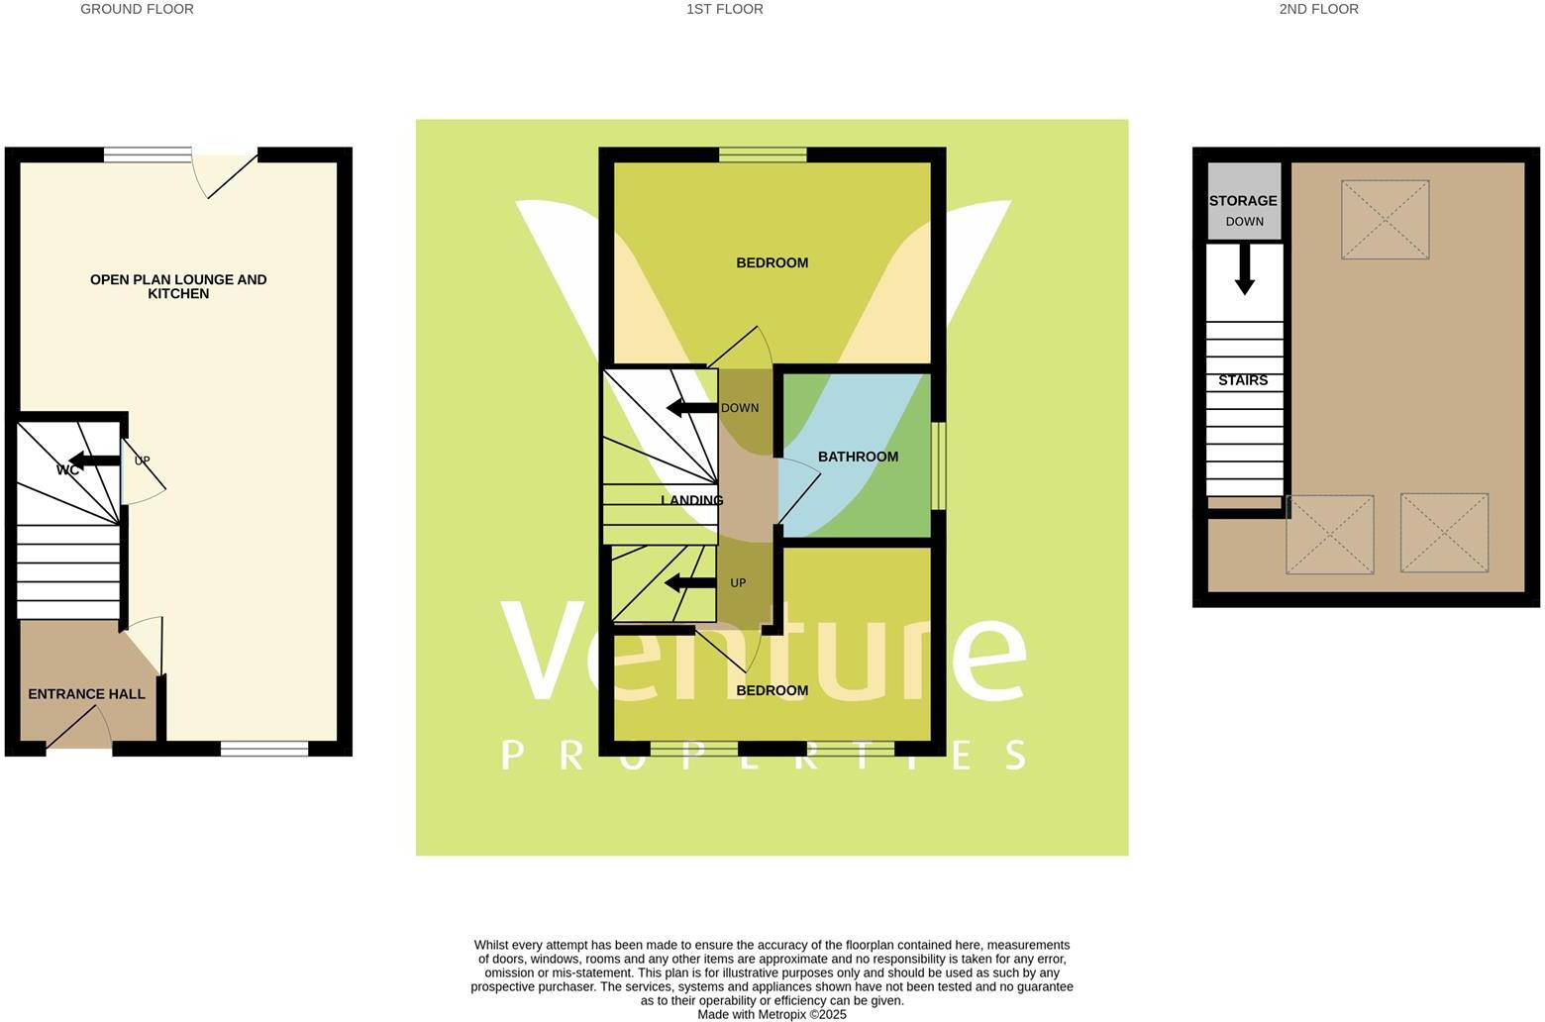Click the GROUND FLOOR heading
coord(137,9)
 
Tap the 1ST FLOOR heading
coord(724,9)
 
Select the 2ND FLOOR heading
coord(1318,9)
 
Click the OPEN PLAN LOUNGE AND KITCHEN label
coord(178,286)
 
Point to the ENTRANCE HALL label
coord(86,694)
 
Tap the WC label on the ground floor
coord(67,469)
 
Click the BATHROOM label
coord(858,457)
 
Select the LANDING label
coord(691,500)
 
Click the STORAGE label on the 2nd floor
coord(1243,201)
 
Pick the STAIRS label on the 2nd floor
coord(1243,380)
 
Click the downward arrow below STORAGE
coord(1245,268)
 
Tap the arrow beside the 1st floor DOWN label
coord(690,408)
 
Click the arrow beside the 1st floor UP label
coord(689,582)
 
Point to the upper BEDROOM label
coord(772,262)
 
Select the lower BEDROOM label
coord(772,690)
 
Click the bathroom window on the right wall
coord(939,465)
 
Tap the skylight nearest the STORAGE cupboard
coord(1385,219)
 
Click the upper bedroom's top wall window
coord(762,153)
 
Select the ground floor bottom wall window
coord(263,749)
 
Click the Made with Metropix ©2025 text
coord(772,1014)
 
